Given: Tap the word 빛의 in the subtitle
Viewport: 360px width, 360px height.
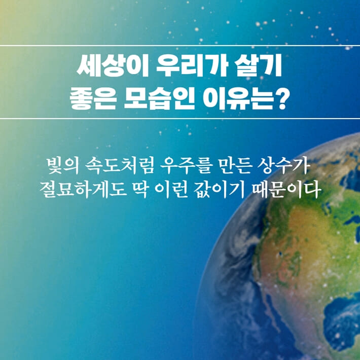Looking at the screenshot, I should pos(61,165).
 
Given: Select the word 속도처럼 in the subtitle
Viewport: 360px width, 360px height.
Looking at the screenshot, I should pos(121,165).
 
